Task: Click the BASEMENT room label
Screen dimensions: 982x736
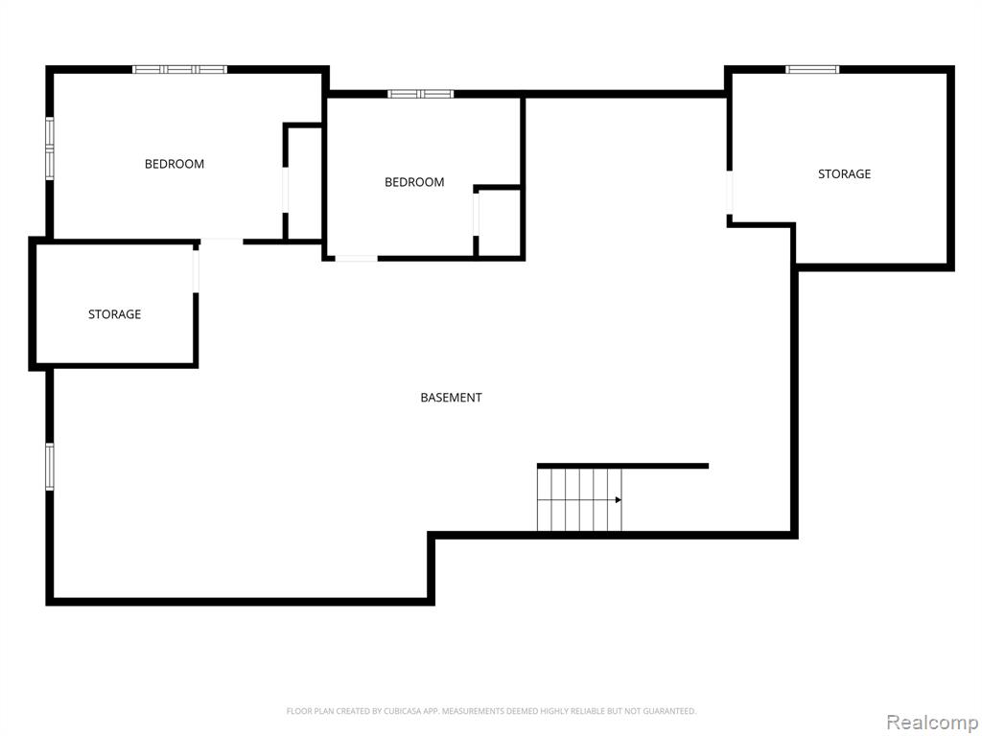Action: point(451,398)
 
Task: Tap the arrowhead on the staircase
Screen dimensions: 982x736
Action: point(619,499)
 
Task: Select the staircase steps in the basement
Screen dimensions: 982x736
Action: point(579,499)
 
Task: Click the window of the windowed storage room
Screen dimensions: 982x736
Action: point(812,69)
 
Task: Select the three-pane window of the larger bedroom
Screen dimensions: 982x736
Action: point(179,69)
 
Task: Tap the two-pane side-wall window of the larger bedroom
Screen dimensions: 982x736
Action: point(50,149)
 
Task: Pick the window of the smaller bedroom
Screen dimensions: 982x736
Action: point(420,94)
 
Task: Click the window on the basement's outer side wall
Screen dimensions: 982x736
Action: point(50,467)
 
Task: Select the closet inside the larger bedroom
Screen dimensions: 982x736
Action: point(304,181)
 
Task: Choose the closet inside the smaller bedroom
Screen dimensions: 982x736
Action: point(499,222)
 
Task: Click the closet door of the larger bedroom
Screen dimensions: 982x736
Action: point(286,190)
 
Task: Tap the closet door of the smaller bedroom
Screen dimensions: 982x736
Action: point(476,214)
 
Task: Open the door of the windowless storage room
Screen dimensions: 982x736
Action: point(196,271)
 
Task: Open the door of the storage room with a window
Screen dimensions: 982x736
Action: point(730,192)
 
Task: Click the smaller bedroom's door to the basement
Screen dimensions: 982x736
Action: point(356,258)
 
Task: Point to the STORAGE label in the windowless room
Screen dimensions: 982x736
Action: point(114,314)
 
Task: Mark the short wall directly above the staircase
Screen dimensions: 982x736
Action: point(622,466)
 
